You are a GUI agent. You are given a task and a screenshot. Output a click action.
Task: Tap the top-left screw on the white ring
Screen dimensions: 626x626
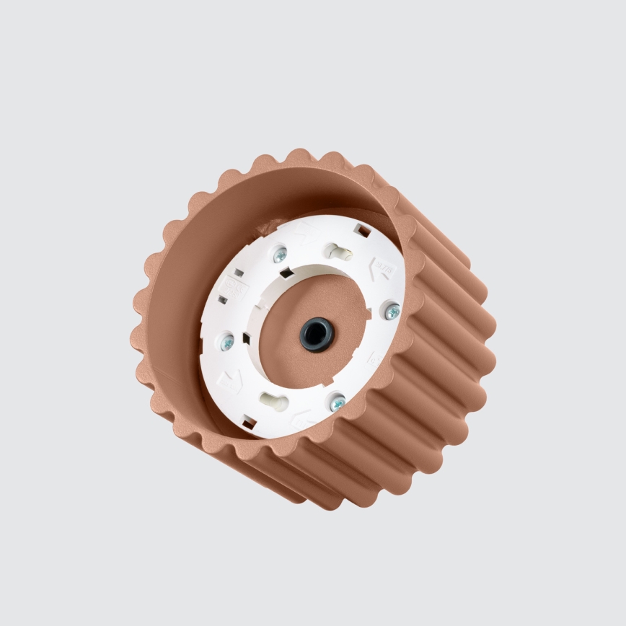[x=280, y=254]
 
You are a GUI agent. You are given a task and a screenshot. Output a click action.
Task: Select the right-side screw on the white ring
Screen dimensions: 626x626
[x=392, y=311]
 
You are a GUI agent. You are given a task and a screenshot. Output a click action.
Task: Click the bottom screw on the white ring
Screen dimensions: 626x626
[x=337, y=402]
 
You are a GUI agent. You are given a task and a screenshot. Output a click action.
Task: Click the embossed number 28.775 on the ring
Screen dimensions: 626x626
[x=384, y=269]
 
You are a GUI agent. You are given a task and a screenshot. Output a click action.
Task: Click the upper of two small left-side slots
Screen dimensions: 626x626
[x=235, y=273]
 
